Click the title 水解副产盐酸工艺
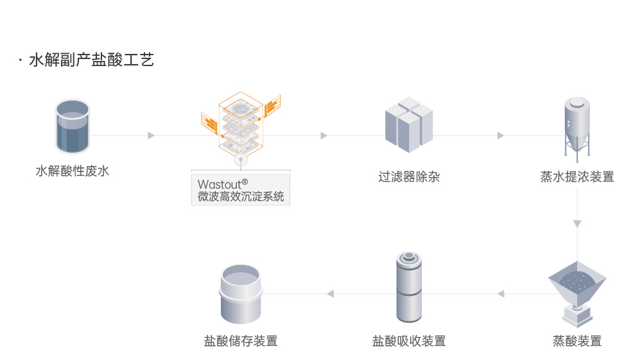pos(91,60)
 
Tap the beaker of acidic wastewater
pos(73,126)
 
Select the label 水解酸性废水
pos(73,171)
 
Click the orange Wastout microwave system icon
pos(241,126)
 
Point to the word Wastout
pos(220,185)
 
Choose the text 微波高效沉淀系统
pos(241,196)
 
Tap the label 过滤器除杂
pos(409,176)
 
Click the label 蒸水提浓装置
pos(577,176)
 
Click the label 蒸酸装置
pos(577,341)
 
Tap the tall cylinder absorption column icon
pos(408,287)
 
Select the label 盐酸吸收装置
pos(409,341)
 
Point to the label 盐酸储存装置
pos(241,341)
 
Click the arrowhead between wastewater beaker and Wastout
pos(151,135)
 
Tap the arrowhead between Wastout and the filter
pos(324,135)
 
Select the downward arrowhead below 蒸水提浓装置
pos(577,224)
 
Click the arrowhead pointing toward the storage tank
pos(330,294)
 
